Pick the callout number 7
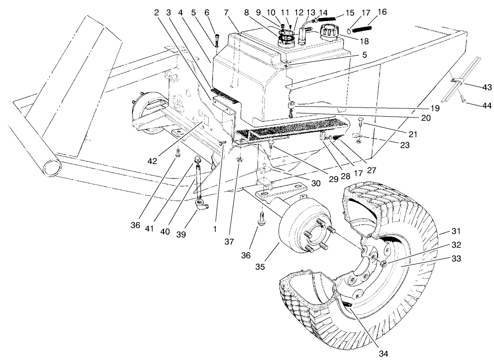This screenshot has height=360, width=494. click(226, 12)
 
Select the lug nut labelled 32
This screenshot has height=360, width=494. click(384, 264)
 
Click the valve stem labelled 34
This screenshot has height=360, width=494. click(348, 304)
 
